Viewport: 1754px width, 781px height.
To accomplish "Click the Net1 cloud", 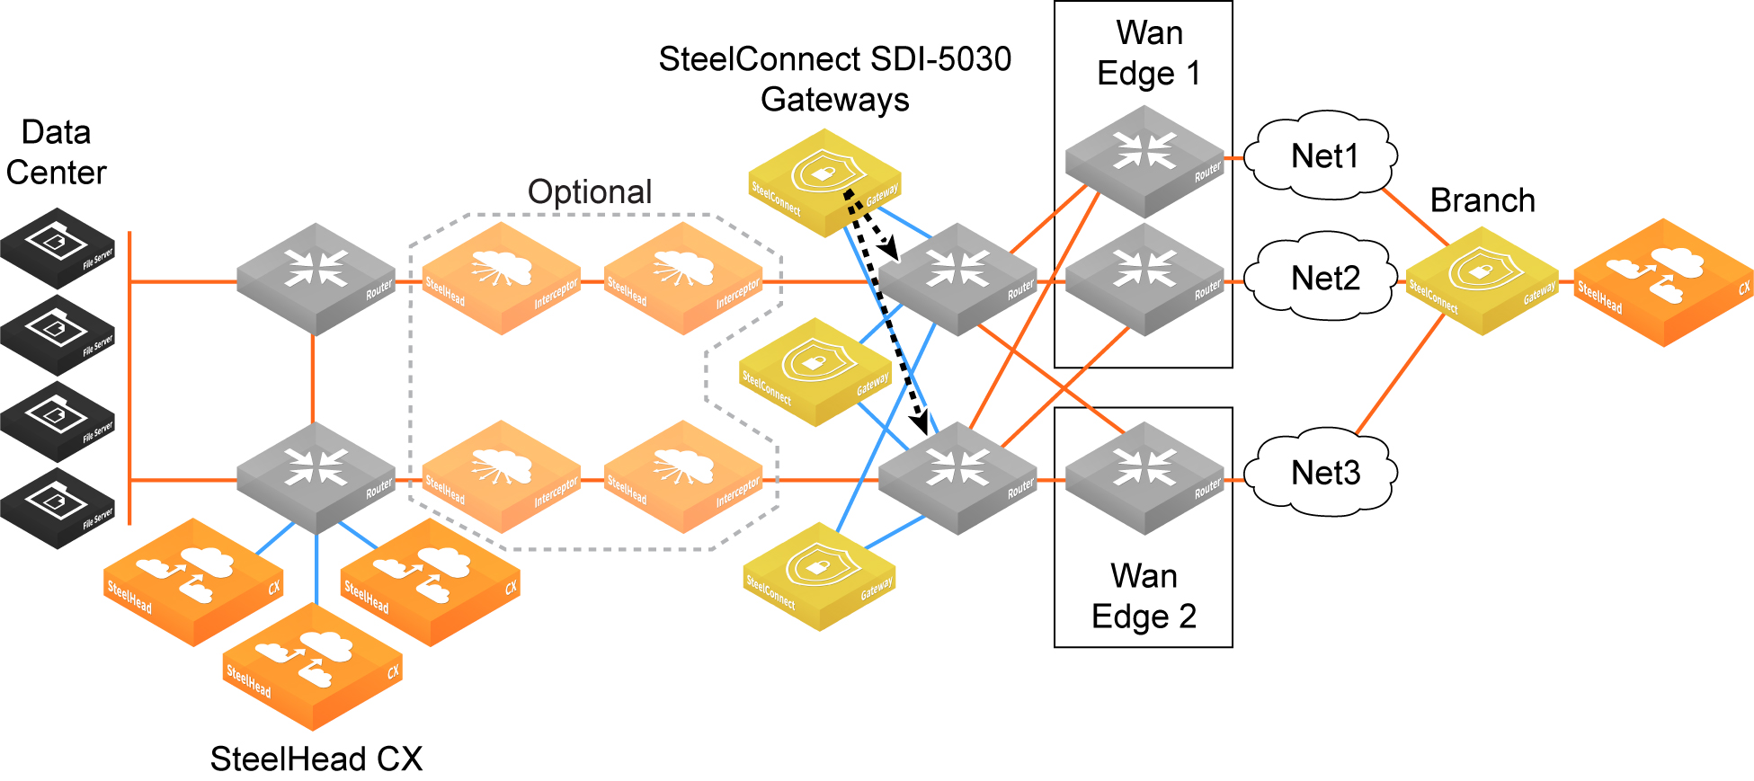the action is point(1325,155).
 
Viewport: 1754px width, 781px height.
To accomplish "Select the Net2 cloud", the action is point(1325,278).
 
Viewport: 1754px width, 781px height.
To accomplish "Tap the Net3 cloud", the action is point(1325,472).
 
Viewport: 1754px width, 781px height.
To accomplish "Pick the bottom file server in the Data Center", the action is point(58,508).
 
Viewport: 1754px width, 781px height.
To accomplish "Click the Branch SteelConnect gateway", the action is point(1482,280).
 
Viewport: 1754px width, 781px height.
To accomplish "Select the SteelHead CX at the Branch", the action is point(1663,282).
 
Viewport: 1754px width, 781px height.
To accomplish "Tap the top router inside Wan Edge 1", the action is point(1144,161).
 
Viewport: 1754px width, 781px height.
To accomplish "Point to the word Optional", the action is point(590,191).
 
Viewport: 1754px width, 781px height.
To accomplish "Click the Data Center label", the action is point(56,152).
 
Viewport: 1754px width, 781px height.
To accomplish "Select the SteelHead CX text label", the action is point(316,759).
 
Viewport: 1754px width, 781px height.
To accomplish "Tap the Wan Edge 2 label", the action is point(1144,595).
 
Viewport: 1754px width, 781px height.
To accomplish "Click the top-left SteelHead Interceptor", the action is point(502,279).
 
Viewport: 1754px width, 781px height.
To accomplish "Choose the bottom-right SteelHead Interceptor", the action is point(683,476).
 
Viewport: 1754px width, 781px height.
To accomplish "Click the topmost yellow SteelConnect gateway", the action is point(824,182).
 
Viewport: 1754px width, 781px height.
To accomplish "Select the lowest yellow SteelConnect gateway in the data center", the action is point(819,577).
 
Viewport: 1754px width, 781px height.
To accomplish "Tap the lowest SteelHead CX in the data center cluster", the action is point(312,666).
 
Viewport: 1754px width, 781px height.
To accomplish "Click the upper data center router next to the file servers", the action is point(316,279).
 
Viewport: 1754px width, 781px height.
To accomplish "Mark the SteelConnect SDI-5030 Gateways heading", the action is point(835,79).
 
